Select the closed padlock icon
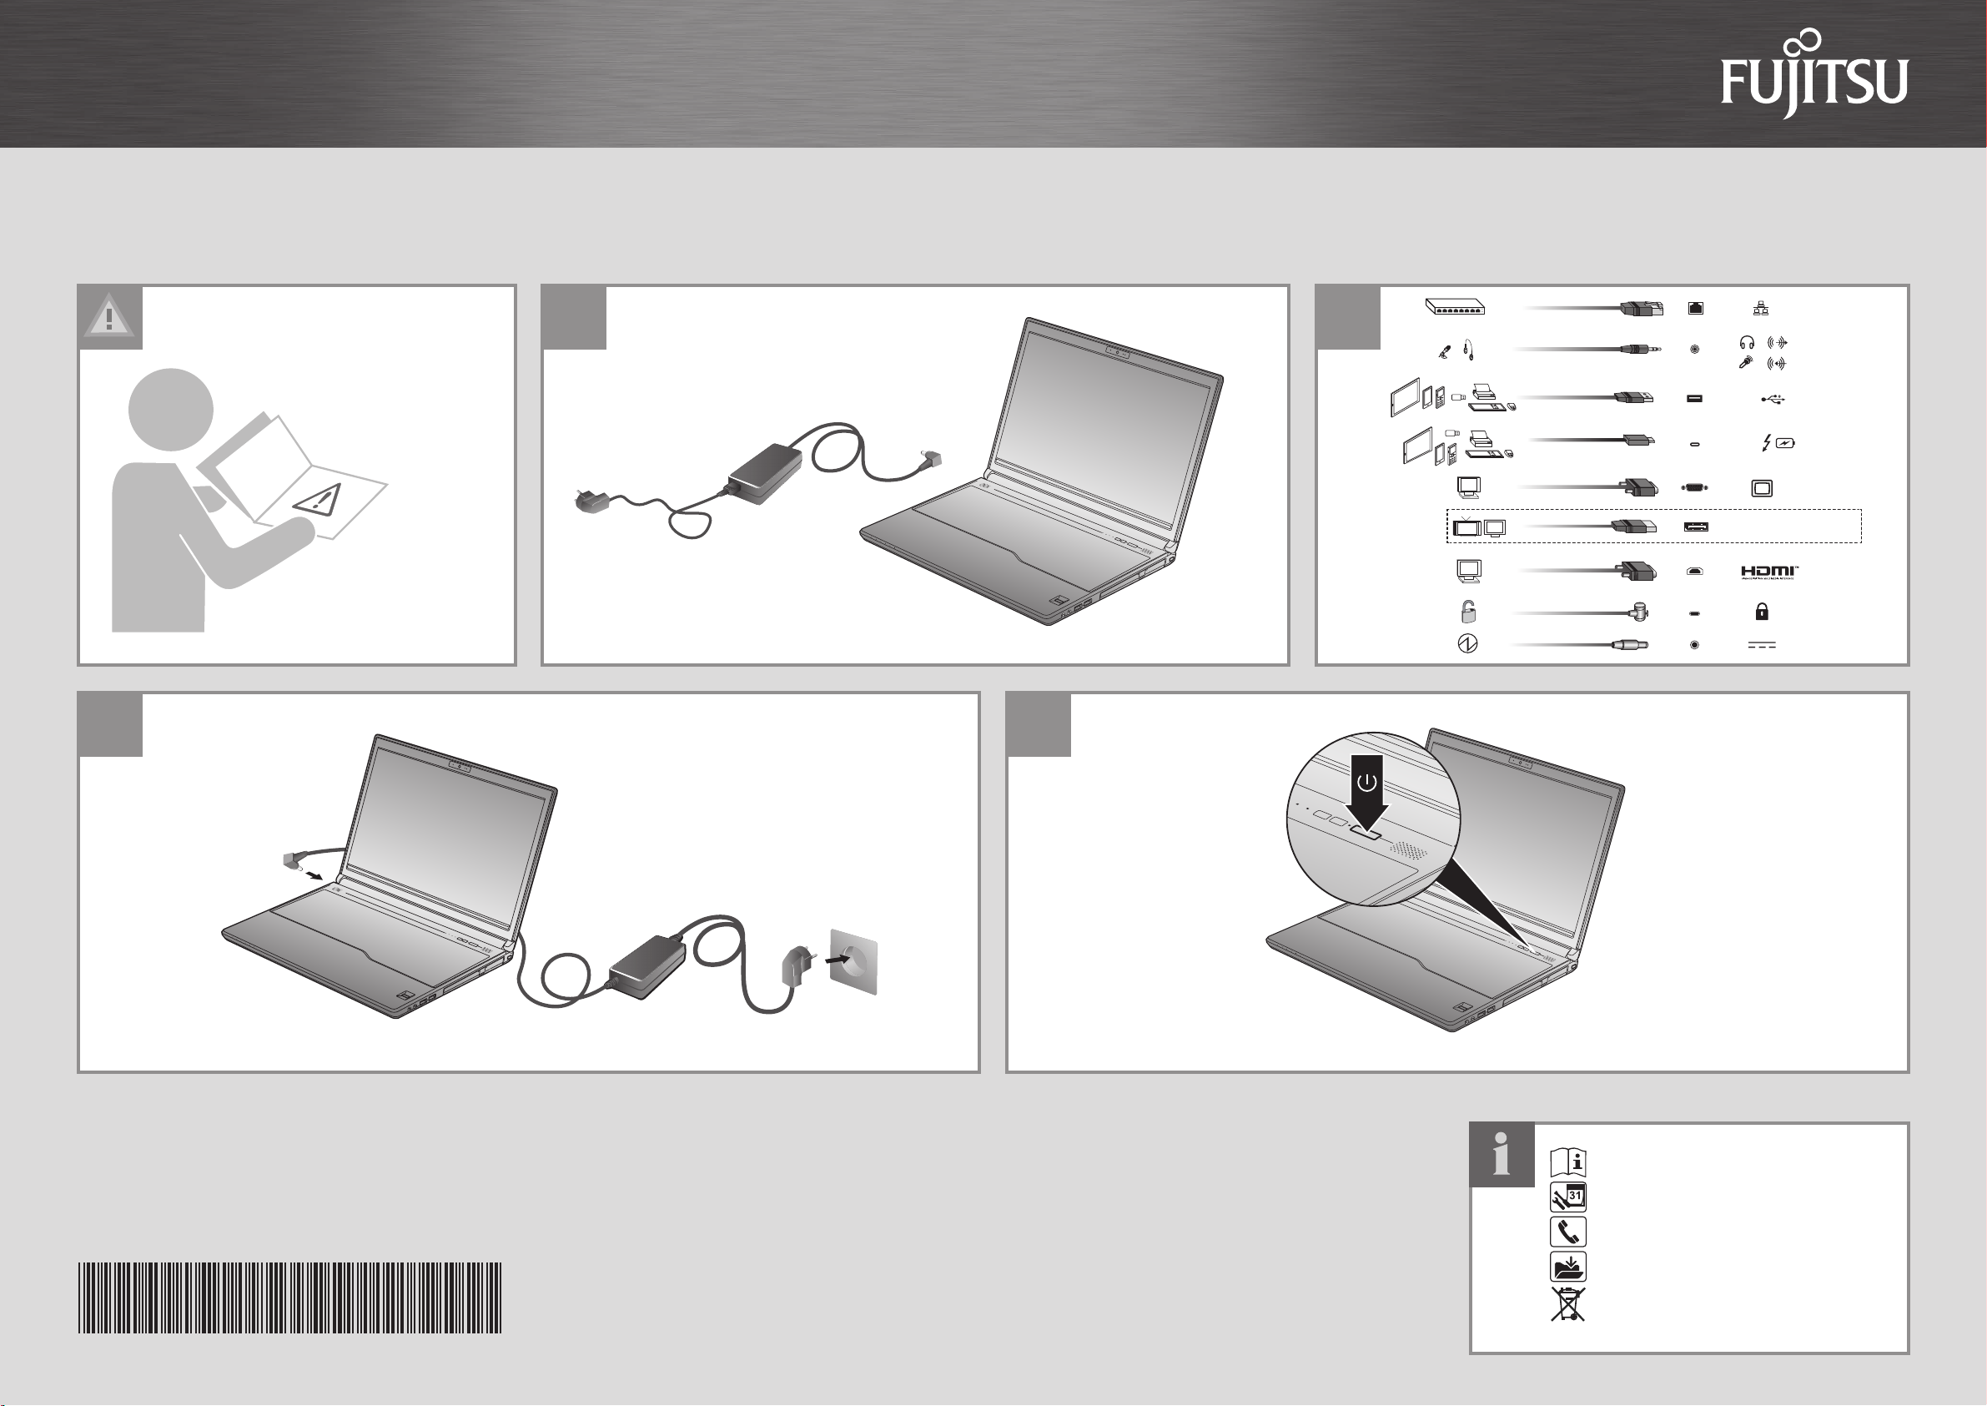[x=1761, y=612]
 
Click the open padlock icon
[x=1468, y=612]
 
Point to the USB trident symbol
[x=1773, y=399]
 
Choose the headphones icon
[x=1747, y=343]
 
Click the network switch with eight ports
[x=1456, y=306]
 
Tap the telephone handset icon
[x=1568, y=1231]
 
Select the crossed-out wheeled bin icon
[x=1568, y=1305]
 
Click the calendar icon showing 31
[x=1568, y=1197]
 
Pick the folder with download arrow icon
[x=1568, y=1267]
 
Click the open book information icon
[x=1568, y=1162]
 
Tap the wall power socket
[x=853, y=962]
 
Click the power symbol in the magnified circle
[x=1366, y=784]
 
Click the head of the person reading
[x=170, y=410]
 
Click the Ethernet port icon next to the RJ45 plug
[x=1695, y=307]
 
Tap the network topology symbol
[x=1761, y=307]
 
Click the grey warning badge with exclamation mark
[x=110, y=317]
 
